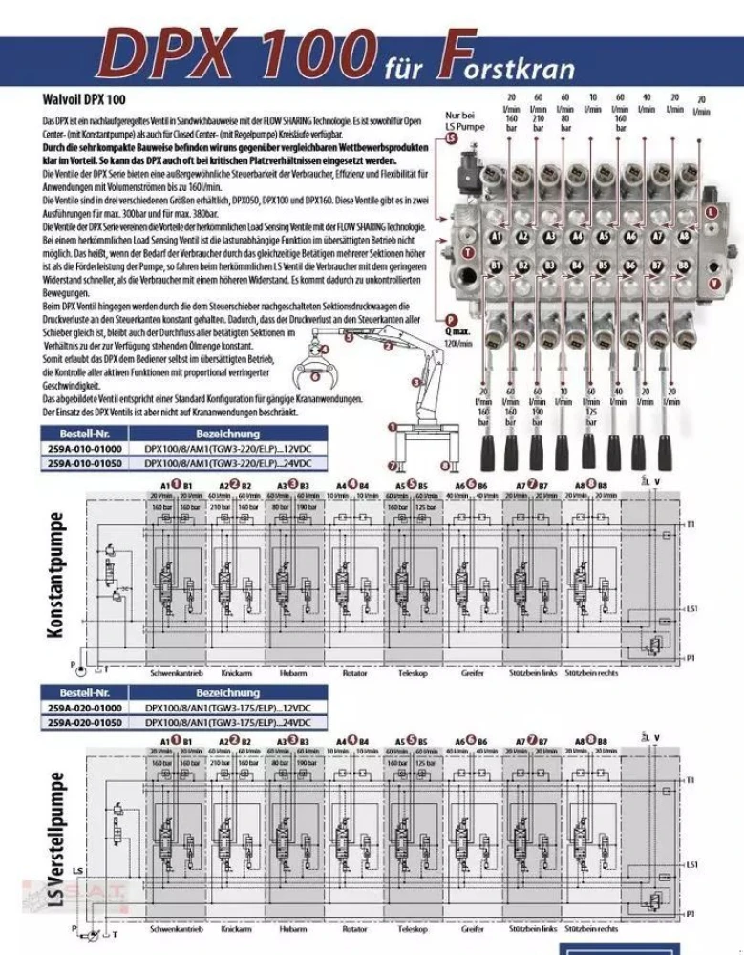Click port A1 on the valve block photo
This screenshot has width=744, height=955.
tap(497, 235)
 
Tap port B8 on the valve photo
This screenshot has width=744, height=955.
tap(684, 265)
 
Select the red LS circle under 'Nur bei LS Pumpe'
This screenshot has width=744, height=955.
tap(452, 139)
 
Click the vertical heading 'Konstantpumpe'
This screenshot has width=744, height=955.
tap(57, 576)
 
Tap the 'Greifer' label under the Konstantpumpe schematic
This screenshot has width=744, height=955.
tap(472, 673)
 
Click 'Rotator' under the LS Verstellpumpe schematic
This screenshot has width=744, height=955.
tap(353, 928)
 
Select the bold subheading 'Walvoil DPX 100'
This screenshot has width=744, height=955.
tap(85, 99)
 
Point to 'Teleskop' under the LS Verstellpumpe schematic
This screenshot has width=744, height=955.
tap(412, 928)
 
